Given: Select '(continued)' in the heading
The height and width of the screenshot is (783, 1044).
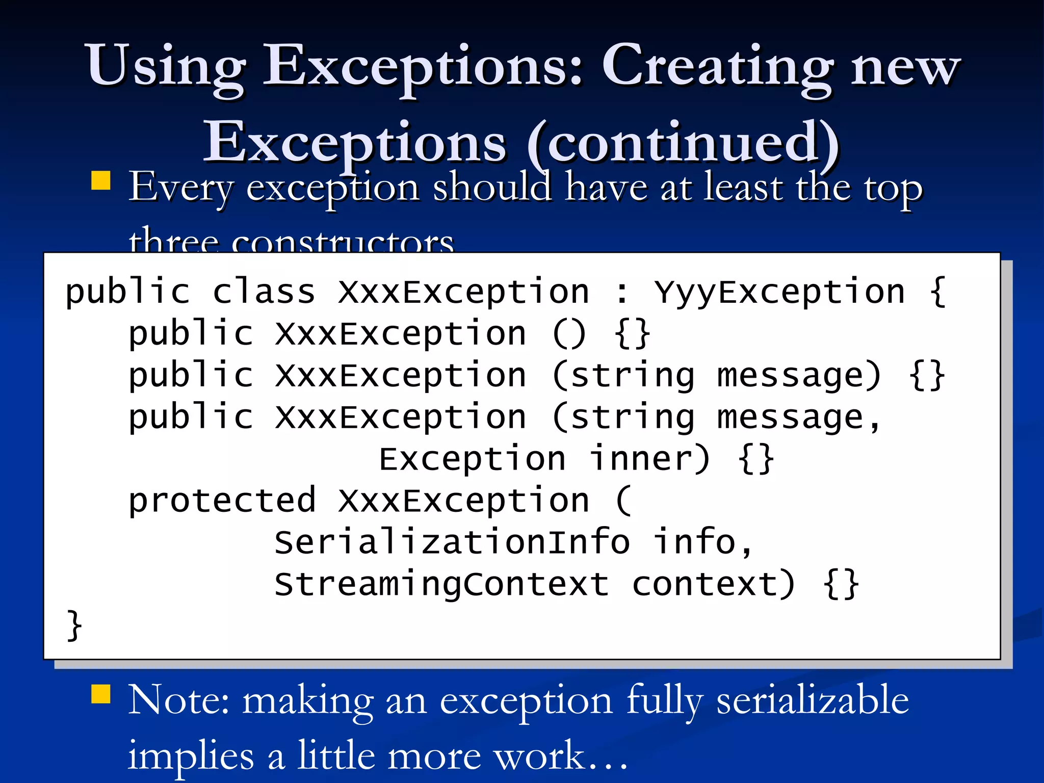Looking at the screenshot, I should [683, 143].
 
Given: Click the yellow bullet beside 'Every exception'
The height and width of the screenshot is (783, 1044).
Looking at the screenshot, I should [101, 180].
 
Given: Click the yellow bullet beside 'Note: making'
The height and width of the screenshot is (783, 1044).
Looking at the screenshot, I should [101, 694].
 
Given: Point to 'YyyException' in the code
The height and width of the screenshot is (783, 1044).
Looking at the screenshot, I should [780, 293].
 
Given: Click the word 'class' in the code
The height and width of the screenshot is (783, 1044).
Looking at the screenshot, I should [264, 293].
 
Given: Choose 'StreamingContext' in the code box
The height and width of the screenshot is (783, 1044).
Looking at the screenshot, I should [441, 584].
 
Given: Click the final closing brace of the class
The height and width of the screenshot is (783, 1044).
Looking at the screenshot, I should [74, 625].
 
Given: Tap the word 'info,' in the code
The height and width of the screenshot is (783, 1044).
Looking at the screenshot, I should [703, 542].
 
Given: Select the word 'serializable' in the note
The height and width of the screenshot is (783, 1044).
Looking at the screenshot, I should [813, 701].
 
